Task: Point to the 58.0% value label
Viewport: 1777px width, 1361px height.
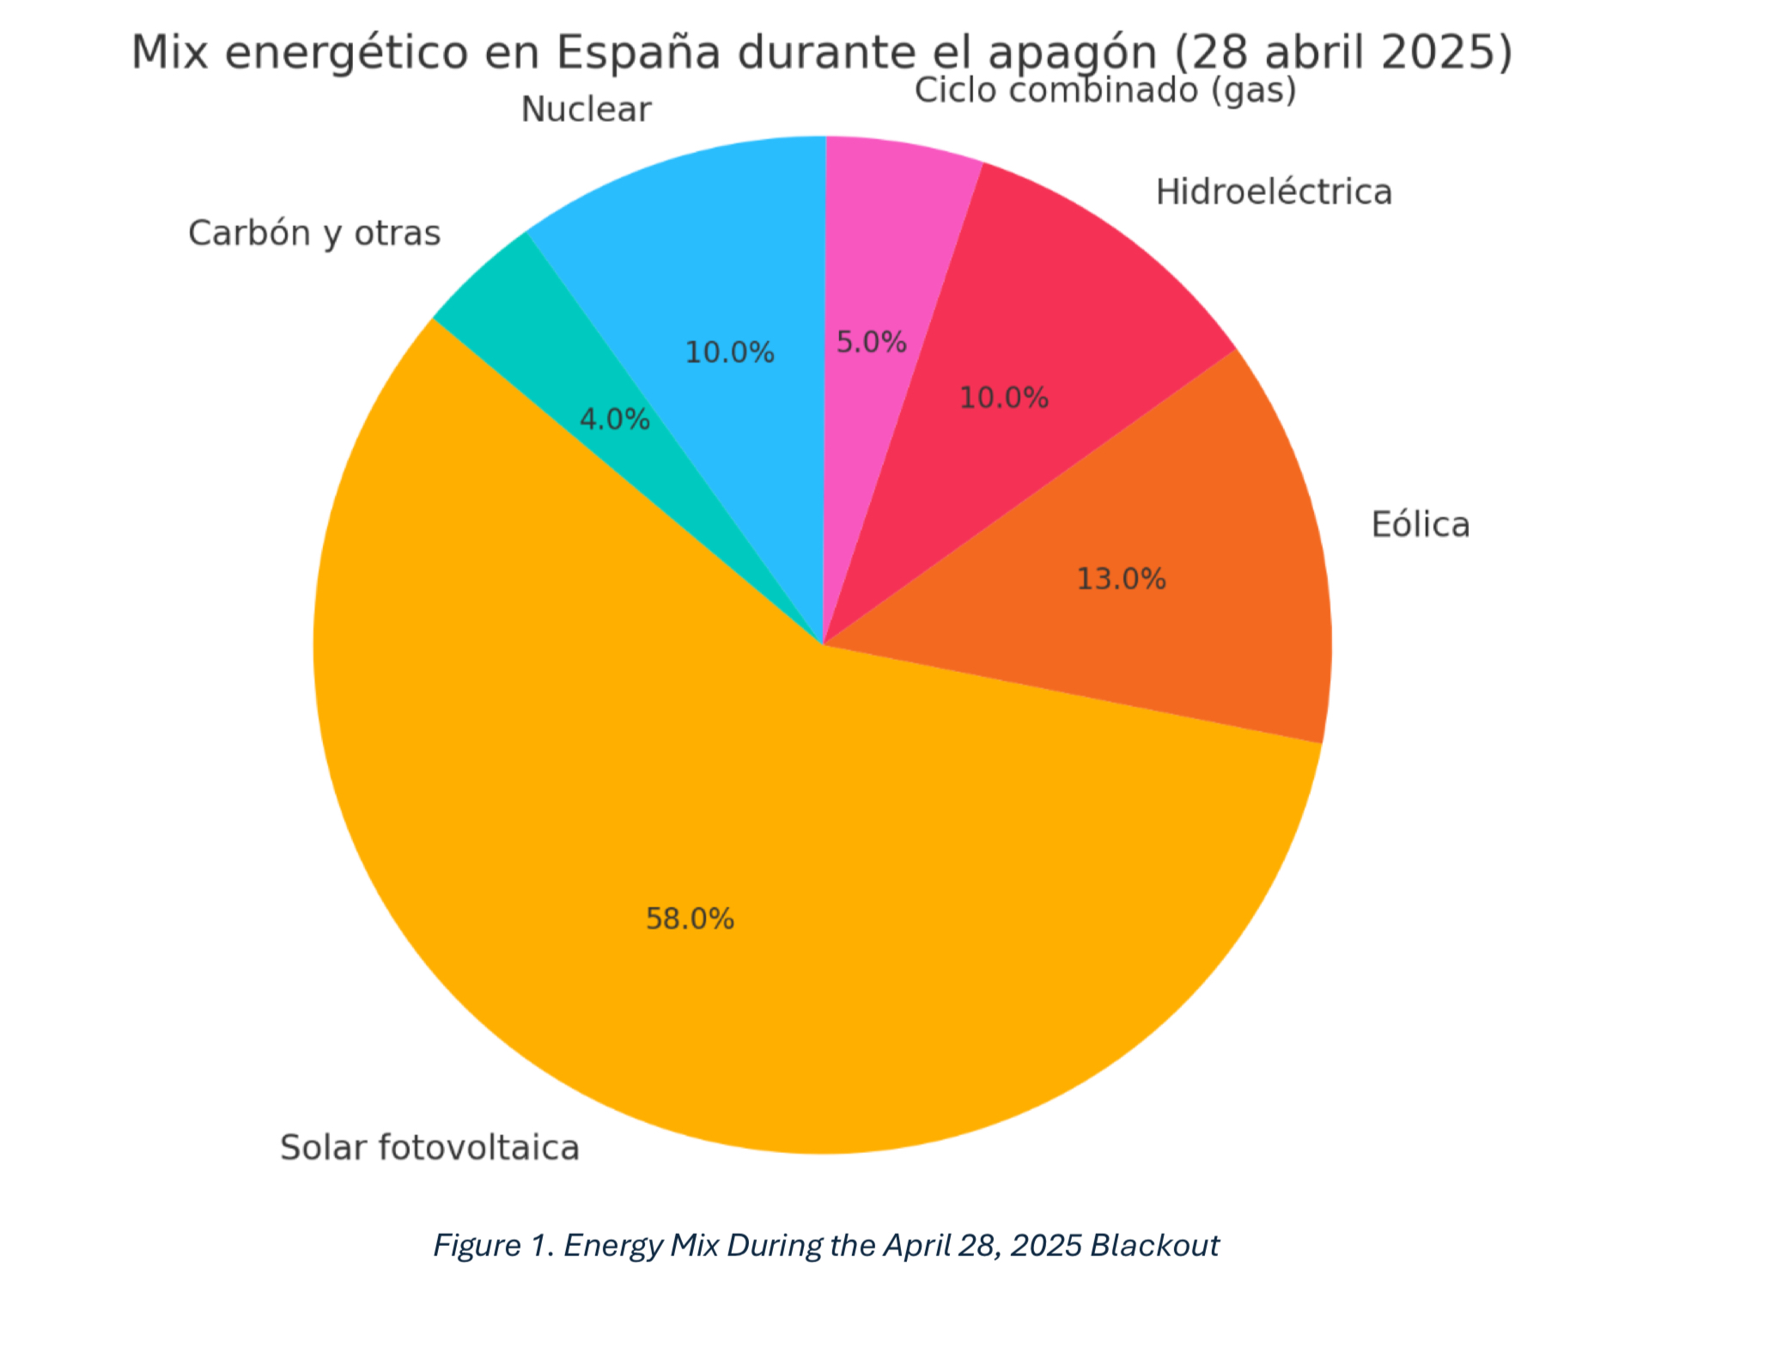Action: click(x=690, y=919)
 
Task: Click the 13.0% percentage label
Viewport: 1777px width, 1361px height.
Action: click(x=1121, y=579)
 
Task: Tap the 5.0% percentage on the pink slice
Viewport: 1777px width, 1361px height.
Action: click(x=871, y=342)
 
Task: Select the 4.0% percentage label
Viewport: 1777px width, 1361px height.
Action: click(x=614, y=419)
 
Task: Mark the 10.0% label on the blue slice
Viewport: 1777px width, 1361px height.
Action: click(x=729, y=352)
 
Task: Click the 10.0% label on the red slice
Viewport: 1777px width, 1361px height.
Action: click(x=1003, y=398)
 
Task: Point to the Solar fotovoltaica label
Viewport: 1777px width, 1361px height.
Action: click(x=429, y=1148)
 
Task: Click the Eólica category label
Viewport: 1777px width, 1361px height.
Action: click(x=1420, y=524)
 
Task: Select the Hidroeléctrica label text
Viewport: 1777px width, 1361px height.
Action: click(x=1273, y=192)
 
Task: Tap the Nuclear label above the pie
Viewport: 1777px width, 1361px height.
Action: click(x=586, y=110)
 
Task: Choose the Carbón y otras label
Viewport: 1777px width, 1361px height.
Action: click(x=314, y=233)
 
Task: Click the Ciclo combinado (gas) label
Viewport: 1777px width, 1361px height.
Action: click(x=1105, y=90)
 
